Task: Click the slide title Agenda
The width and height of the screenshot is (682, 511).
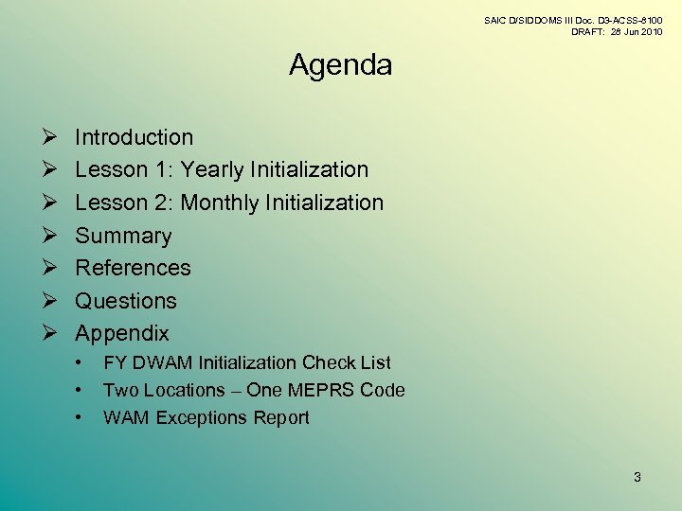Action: point(340,65)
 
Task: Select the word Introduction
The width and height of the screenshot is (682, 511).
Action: point(134,137)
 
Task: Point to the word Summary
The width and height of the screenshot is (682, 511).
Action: point(123,236)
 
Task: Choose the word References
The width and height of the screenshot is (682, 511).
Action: point(133,268)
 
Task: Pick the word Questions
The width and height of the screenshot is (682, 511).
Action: point(126,301)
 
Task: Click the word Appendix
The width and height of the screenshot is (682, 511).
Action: point(122,333)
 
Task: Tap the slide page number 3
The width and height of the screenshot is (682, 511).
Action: point(637,477)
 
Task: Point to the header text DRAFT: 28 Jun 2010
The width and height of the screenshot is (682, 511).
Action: point(617,32)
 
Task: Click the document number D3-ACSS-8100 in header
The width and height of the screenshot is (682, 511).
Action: point(629,20)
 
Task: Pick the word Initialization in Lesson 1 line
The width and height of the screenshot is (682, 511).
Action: point(308,170)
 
